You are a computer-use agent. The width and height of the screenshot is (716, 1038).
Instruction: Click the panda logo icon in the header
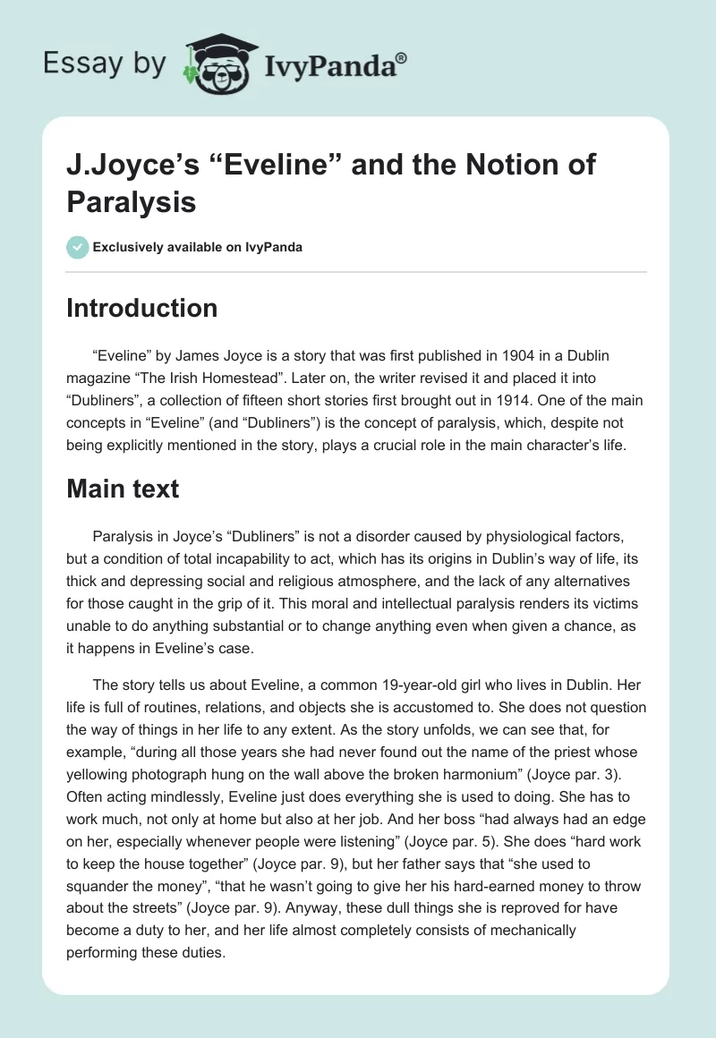coord(218,63)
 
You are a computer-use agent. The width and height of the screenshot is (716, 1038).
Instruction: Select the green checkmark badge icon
coord(78,247)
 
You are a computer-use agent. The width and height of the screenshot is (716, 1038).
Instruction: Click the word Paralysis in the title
coord(132,201)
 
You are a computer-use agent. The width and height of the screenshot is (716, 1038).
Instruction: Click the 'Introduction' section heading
coord(142,308)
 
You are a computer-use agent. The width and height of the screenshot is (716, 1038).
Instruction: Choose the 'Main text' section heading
coord(124,489)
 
